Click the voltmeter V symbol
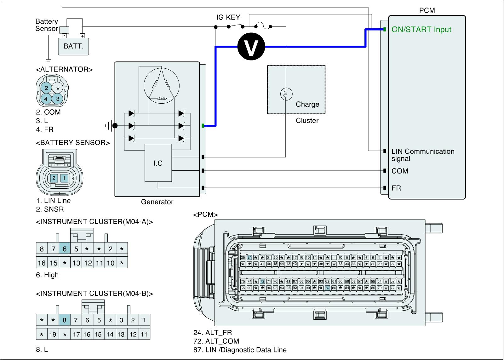coord(251,47)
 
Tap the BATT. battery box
coord(73,46)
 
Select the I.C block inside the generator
coord(158,163)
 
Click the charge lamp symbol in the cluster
coord(286,94)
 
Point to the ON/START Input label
coord(421,30)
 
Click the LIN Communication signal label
coord(423,155)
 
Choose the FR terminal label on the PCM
coord(396,188)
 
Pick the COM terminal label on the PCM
coord(400,171)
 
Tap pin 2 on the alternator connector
coord(46,88)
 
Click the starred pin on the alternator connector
coord(58,89)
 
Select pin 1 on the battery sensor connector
coord(64,178)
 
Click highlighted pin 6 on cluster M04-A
coord(65,249)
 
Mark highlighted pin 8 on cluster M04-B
coord(65,320)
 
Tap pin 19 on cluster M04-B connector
coord(53,334)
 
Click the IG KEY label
coord(228,17)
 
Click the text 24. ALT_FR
coord(213,332)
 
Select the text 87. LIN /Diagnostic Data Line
coord(240,350)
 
